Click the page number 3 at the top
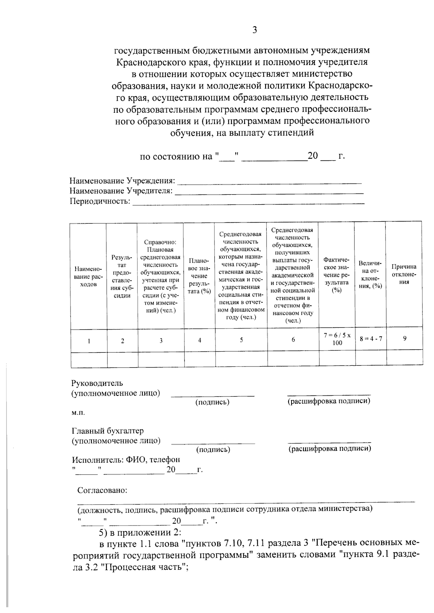point(254,30)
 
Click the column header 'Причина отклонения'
point(404,274)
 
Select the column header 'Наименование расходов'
point(88,277)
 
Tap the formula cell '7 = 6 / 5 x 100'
point(337,339)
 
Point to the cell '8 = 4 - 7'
point(371,339)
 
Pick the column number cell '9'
point(405,338)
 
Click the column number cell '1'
point(89,340)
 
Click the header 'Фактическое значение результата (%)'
point(336,275)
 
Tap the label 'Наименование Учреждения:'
point(122,180)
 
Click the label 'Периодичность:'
point(100,201)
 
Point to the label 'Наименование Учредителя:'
point(121,190)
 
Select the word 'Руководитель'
point(97,383)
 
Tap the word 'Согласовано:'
point(102,490)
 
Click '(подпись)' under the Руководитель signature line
point(212,402)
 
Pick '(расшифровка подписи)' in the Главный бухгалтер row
point(329,449)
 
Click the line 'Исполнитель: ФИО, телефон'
point(126,460)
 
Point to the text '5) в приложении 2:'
point(140,532)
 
